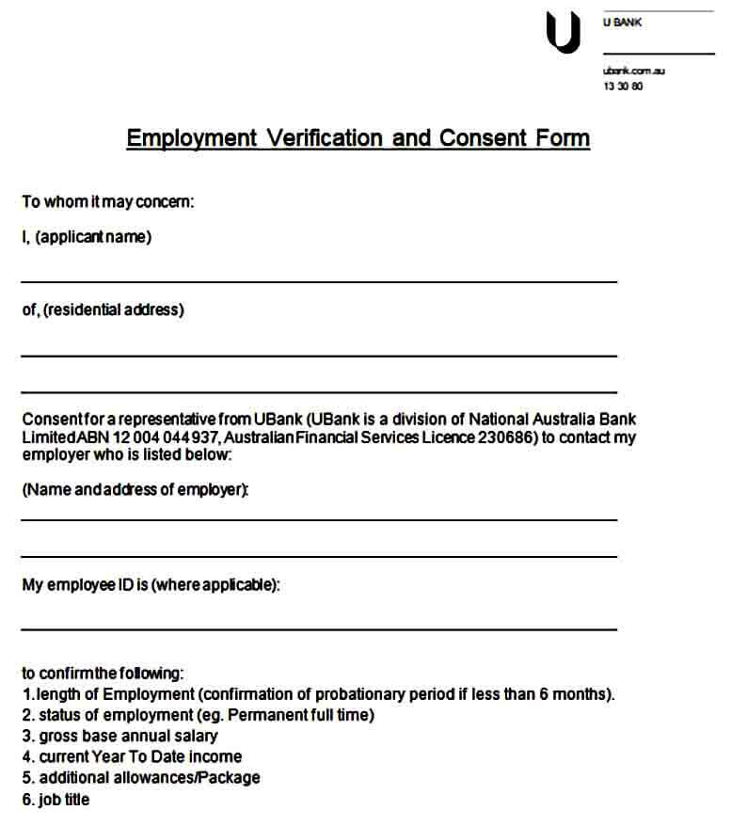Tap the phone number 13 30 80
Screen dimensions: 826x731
[623, 87]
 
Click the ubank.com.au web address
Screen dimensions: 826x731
[634, 71]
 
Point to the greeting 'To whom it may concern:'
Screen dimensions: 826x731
[108, 201]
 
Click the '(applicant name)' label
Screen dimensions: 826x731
[93, 237]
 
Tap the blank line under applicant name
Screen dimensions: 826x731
[319, 280]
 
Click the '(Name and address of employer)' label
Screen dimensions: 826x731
[135, 489]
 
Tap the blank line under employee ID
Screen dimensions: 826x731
[319, 627]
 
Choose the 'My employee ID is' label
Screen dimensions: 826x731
[85, 584]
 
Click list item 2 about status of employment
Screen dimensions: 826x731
[198, 715]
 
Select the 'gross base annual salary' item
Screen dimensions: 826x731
[119, 736]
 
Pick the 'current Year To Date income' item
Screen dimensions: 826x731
[132, 756]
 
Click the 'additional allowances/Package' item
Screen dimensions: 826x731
[141, 778]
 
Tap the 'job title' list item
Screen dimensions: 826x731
[56, 800]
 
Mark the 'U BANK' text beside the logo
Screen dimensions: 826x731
[622, 22]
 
